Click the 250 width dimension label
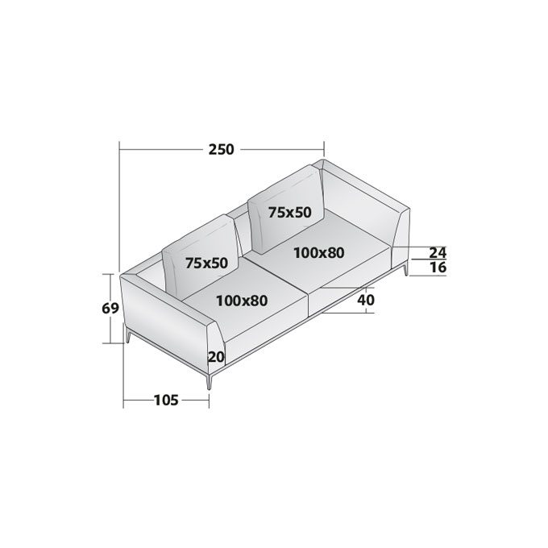(222, 150)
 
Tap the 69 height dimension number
(110, 309)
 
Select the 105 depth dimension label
(166, 401)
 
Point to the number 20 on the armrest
(216, 357)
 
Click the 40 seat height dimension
(366, 300)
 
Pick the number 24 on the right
(438, 252)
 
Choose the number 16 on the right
(438, 268)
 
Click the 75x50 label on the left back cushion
(206, 263)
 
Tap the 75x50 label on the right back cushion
(290, 212)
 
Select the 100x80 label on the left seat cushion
(242, 301)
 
